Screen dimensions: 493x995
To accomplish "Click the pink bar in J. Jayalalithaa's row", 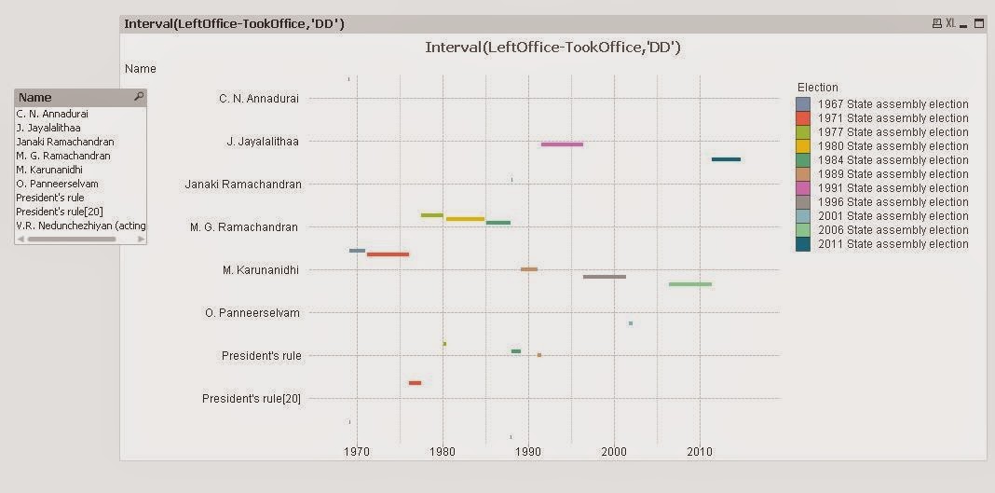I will click(562, 144).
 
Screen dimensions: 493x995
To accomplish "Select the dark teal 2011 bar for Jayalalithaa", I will click(726, 159).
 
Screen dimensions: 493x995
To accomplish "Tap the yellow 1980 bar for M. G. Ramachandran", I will click(465, 219).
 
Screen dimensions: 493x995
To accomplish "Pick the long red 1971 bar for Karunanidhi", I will click(388, 254).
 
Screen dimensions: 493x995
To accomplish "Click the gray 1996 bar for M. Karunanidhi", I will click(604, 277).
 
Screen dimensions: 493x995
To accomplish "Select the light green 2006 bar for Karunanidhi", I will click(689, 284).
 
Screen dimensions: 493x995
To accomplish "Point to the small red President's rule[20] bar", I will click(415, 383).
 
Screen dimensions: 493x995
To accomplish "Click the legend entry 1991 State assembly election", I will click(893, 188).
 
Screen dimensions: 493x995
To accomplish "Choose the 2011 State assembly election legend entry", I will click(893, 244).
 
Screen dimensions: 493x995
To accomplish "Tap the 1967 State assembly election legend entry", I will click(893, 104).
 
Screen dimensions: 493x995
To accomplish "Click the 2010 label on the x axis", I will click(700, 452).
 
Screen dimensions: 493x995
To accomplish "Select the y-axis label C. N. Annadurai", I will click(259, 99).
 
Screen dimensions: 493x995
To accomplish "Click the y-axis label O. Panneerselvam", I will click(252, 313).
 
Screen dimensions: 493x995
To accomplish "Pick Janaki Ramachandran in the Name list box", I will click(65, 142).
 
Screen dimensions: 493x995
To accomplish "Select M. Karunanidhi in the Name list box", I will click(56, 170).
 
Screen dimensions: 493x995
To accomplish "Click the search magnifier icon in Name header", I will click(139, 97).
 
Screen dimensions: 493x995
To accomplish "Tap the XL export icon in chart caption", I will click(950, 23).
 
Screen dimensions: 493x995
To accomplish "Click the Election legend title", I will click(817, 88).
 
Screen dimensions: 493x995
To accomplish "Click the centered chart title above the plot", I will click(552, 47).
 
